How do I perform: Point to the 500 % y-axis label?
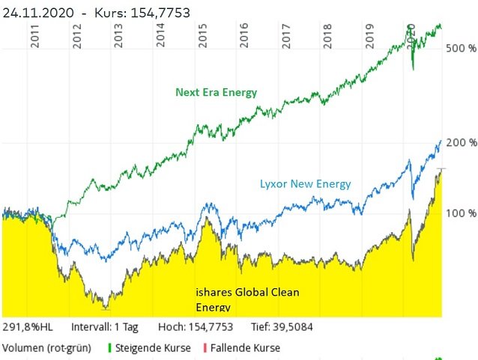click(462, 49)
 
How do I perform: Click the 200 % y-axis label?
click(462, 142)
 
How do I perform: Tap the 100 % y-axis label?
click(462, 214)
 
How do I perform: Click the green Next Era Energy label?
click(216, 93)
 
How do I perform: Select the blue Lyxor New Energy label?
click(305, 183)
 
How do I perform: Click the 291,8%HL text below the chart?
click(26, 327)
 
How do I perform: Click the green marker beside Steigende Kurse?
click(111, 348)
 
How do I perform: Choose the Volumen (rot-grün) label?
click(50, 348)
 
